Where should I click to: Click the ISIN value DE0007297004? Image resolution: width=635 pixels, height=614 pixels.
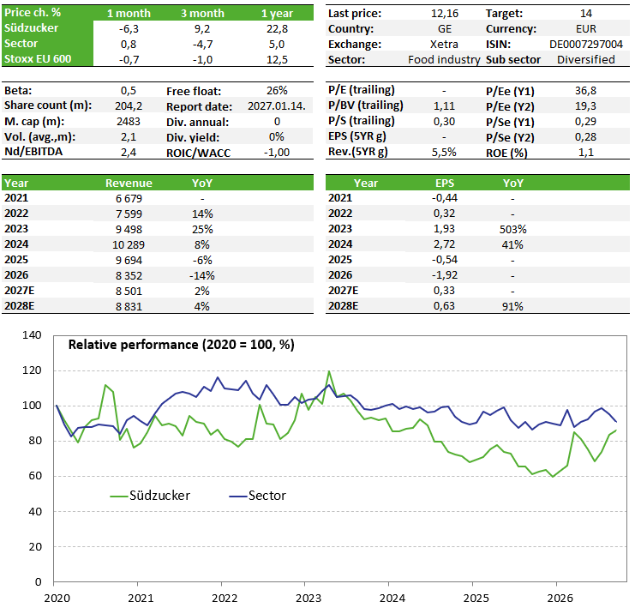[585, 45]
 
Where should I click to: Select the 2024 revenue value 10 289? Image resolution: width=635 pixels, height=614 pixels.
[129, 244]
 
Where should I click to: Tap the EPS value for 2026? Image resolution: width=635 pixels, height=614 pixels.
[444, 275]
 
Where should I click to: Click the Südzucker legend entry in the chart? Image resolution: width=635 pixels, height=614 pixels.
[150, 496]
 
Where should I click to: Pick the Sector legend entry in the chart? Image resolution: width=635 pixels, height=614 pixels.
[258, 496]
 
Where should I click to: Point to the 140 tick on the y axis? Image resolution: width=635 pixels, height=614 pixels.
[32, 335]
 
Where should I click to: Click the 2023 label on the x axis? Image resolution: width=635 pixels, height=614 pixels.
[309, 599]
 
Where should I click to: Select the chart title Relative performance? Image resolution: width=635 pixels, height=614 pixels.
[182, 345]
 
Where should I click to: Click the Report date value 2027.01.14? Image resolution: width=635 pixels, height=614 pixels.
[277, 106]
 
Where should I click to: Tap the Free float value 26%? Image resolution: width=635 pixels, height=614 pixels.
[277, 91]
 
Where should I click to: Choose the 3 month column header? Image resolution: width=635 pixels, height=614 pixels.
[202, 14]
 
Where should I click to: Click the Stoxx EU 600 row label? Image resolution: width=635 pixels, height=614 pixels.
[38, 59]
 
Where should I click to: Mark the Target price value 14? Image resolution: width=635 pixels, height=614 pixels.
[585, 14]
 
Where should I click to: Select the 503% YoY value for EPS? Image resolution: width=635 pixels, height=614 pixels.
[512, 229]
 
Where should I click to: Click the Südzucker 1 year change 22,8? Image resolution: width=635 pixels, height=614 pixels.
[277, 29]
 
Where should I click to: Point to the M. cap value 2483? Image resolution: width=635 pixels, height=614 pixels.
[129, 122]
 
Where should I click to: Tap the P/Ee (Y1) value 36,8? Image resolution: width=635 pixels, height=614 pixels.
[585, 91]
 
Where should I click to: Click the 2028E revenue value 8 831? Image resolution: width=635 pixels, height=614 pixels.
[129, 306]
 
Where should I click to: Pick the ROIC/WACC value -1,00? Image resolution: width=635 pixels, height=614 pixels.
[277, 153]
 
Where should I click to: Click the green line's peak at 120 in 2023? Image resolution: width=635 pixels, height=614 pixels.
[329, 371]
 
